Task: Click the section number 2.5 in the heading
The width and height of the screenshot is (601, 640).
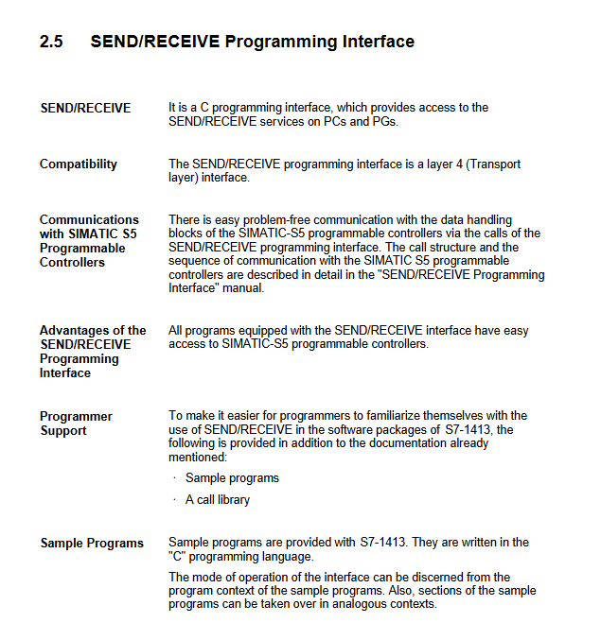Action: (x=51, y=42)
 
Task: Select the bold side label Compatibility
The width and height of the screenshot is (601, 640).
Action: (x=79, y=164)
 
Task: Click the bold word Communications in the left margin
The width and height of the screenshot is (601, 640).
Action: (x=89, y=219)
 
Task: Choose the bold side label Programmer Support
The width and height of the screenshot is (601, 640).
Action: (x=76, y=423)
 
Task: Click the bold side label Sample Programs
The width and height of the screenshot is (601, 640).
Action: (x=92, y=543)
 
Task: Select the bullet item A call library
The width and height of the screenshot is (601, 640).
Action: (x=218, y=499)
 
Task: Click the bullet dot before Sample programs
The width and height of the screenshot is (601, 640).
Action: (x=174, y=478)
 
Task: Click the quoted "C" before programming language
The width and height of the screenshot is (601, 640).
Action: (x=177, y=556)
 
